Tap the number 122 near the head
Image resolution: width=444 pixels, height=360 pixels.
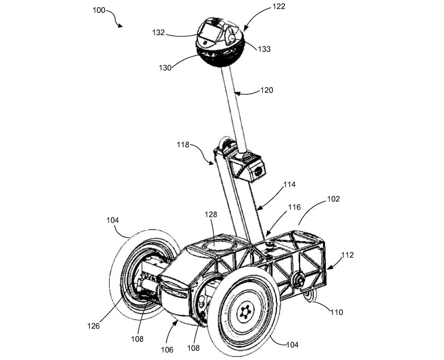[278, 7]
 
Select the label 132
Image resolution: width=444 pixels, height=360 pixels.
[158, 33]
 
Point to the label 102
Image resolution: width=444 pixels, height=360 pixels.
[334, 199]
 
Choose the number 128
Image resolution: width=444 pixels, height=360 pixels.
[211, 214]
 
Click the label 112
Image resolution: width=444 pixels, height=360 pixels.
[347, 255]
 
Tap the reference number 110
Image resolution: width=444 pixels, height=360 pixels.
[337, 313]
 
